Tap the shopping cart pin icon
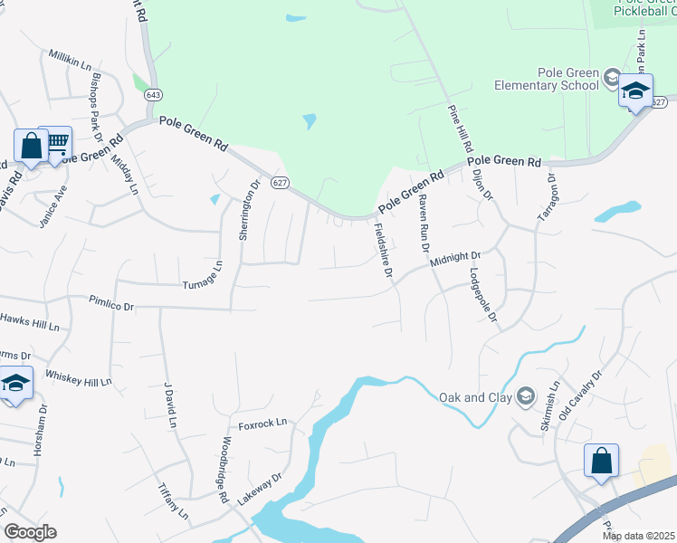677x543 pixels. tap(56, 142)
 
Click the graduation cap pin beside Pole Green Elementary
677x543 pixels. tap(635, 90)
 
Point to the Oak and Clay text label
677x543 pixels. tap(474, 396)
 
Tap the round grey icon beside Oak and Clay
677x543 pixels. tap(525, 396)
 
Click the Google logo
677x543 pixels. tap(30, 532)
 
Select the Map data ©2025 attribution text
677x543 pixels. tap(638, 536)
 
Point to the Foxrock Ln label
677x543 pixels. tap(262, 422)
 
